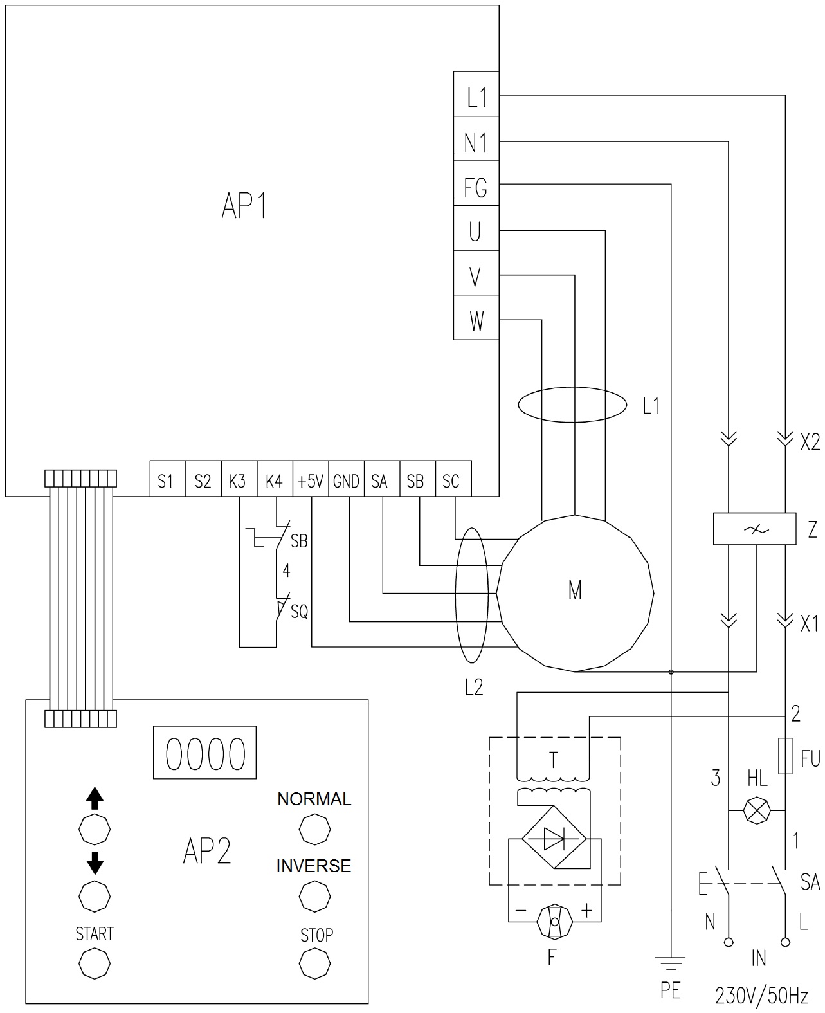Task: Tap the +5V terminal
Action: pos(310,479)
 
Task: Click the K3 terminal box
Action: pos(238,479)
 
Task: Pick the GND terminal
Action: pos(346,479)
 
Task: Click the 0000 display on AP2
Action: pos(205,753)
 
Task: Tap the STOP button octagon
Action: pos(316,963)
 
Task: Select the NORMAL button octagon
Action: pos(315,830)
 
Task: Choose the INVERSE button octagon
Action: pos(315,896)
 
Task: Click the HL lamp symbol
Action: pos(757,810)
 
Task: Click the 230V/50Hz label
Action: pos(761,996)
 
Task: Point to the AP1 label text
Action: pos(244,207)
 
